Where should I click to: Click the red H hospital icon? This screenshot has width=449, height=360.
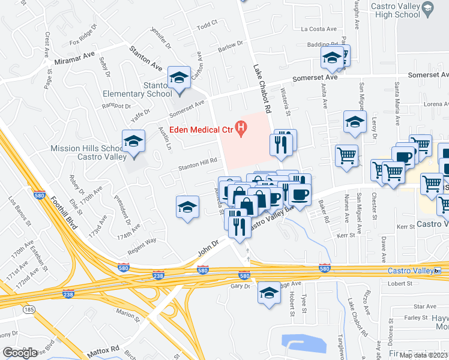click(241, 128)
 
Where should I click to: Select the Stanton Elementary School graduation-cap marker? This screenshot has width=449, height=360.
click(179, 78)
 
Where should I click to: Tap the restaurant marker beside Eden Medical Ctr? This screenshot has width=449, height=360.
click(282, 143)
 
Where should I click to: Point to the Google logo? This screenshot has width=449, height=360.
click(20, 353)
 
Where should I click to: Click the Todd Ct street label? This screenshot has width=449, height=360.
click(207, 25)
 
